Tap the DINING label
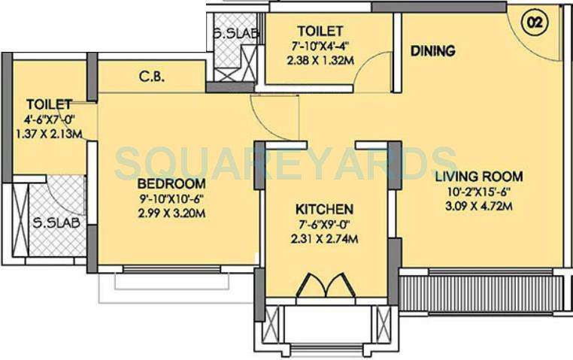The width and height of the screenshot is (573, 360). pos(432,51)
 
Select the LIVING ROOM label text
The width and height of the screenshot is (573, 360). pos(478,177)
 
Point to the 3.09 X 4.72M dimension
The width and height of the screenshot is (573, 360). pos(479,205)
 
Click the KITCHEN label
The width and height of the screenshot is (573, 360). pos(324,208)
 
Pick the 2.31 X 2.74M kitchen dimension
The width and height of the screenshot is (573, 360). pos(324,239)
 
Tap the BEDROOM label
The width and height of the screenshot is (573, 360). pos(171,184)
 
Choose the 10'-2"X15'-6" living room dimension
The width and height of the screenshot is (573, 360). pos(479,191)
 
